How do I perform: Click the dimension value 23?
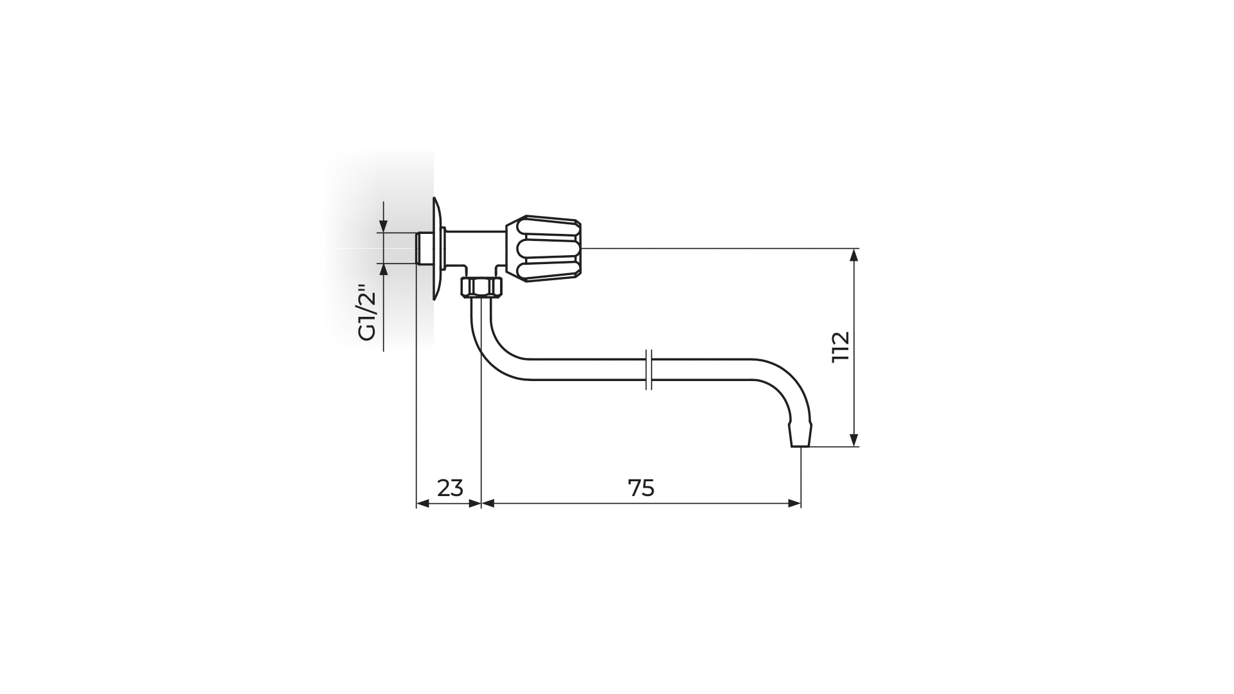click(450, 488)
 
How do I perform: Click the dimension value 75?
click(641, 488)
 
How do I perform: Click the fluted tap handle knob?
click(544, 249)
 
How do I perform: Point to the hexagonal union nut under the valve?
click(481, 287)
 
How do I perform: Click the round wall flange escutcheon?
click(437, 249)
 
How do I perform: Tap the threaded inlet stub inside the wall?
click(424, 248)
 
